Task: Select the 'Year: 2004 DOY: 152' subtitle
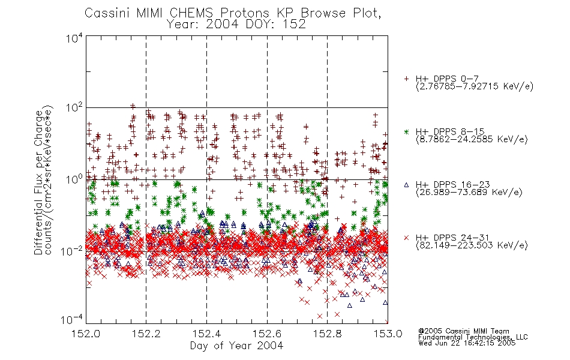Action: (236, 25)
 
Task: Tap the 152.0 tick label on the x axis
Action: (86, 334)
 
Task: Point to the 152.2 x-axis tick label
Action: (146, 334)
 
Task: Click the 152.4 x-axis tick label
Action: (206, 334)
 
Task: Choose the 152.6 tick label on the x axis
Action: (267, 334)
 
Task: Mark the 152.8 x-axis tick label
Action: (327, 334)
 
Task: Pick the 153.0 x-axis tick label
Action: (388, 334)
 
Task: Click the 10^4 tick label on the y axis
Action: (74, 38)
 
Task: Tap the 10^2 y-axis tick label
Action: (74, 108)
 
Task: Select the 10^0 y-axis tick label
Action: (74, 179)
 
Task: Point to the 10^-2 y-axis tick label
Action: (72, 251)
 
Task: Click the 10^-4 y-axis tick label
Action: (72, 320)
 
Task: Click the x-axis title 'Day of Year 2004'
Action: (236, 346)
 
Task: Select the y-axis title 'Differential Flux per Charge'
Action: (39, 182)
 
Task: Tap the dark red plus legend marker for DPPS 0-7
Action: (406, 79)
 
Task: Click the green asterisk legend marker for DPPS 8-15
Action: (406, 132)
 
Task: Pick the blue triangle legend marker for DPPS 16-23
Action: (406, 185)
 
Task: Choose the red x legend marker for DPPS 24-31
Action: (406, 238)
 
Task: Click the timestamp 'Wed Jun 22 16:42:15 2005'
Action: (467, 343)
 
